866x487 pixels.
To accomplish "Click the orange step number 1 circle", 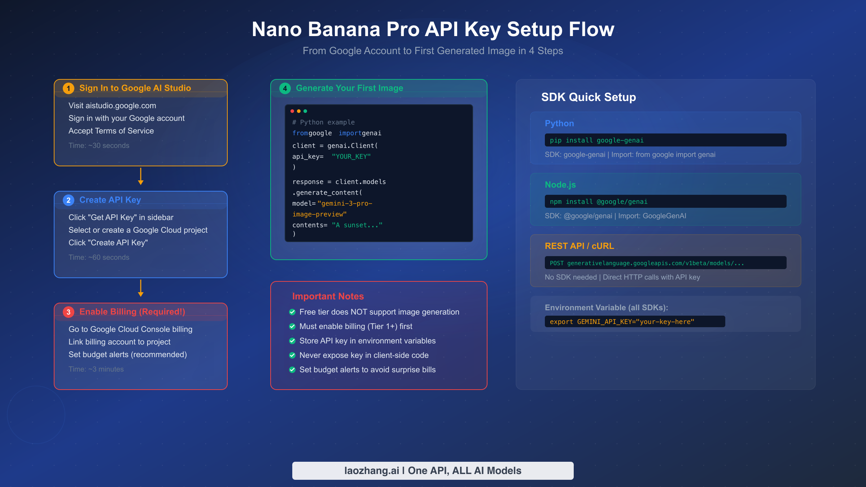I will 69,88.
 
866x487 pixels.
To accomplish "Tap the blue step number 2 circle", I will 69,200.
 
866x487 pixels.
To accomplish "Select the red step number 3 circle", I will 69,312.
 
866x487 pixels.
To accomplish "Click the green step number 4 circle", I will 285,88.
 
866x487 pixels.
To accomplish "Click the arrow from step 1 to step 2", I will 141,176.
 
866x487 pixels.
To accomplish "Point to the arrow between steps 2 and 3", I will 141,288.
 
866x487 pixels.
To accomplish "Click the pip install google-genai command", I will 596,140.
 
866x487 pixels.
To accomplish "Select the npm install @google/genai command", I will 598,202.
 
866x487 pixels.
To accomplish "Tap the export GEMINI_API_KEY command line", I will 622,322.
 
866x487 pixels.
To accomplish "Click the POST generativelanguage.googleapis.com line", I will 647,263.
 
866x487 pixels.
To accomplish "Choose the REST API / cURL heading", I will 579,246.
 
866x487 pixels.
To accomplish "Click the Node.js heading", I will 560,185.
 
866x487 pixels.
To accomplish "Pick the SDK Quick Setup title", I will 588,97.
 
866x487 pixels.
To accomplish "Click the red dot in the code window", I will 292,111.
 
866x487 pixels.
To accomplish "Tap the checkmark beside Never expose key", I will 292,355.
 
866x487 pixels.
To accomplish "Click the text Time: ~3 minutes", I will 96,369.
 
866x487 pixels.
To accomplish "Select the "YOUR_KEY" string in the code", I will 351,157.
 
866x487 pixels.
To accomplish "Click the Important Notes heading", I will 328,296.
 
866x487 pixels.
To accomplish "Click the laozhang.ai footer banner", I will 433,471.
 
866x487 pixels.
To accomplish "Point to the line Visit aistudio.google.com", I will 112,106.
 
